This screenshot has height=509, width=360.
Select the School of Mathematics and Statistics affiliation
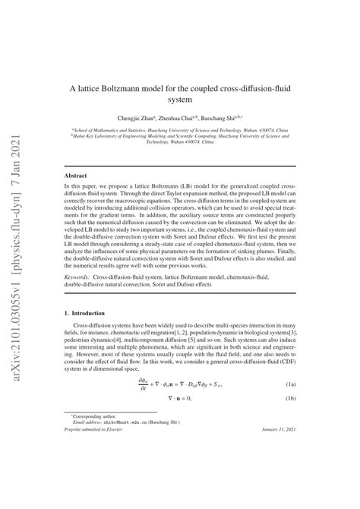point(180,130)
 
